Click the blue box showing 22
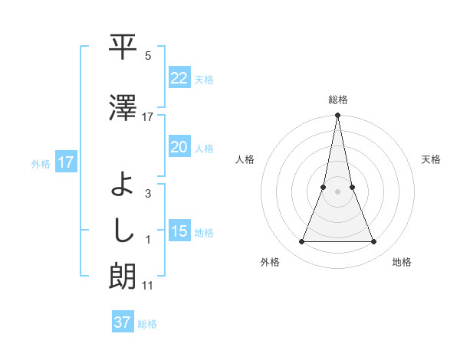point(179,79)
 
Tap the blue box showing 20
point(179,148)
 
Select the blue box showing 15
point(179,232)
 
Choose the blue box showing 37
point(123,322)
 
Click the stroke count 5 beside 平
point(148,56)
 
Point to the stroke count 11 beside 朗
point(147,286)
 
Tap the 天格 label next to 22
point(204,80)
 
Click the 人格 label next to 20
point(204,149)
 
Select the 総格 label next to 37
point(147,324)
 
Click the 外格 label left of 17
point(41,163)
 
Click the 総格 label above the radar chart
point(337,100)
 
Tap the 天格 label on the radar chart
point(431,159)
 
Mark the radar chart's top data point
point(337,116)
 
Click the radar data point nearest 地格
point(373,242)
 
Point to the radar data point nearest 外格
point(301,242)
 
